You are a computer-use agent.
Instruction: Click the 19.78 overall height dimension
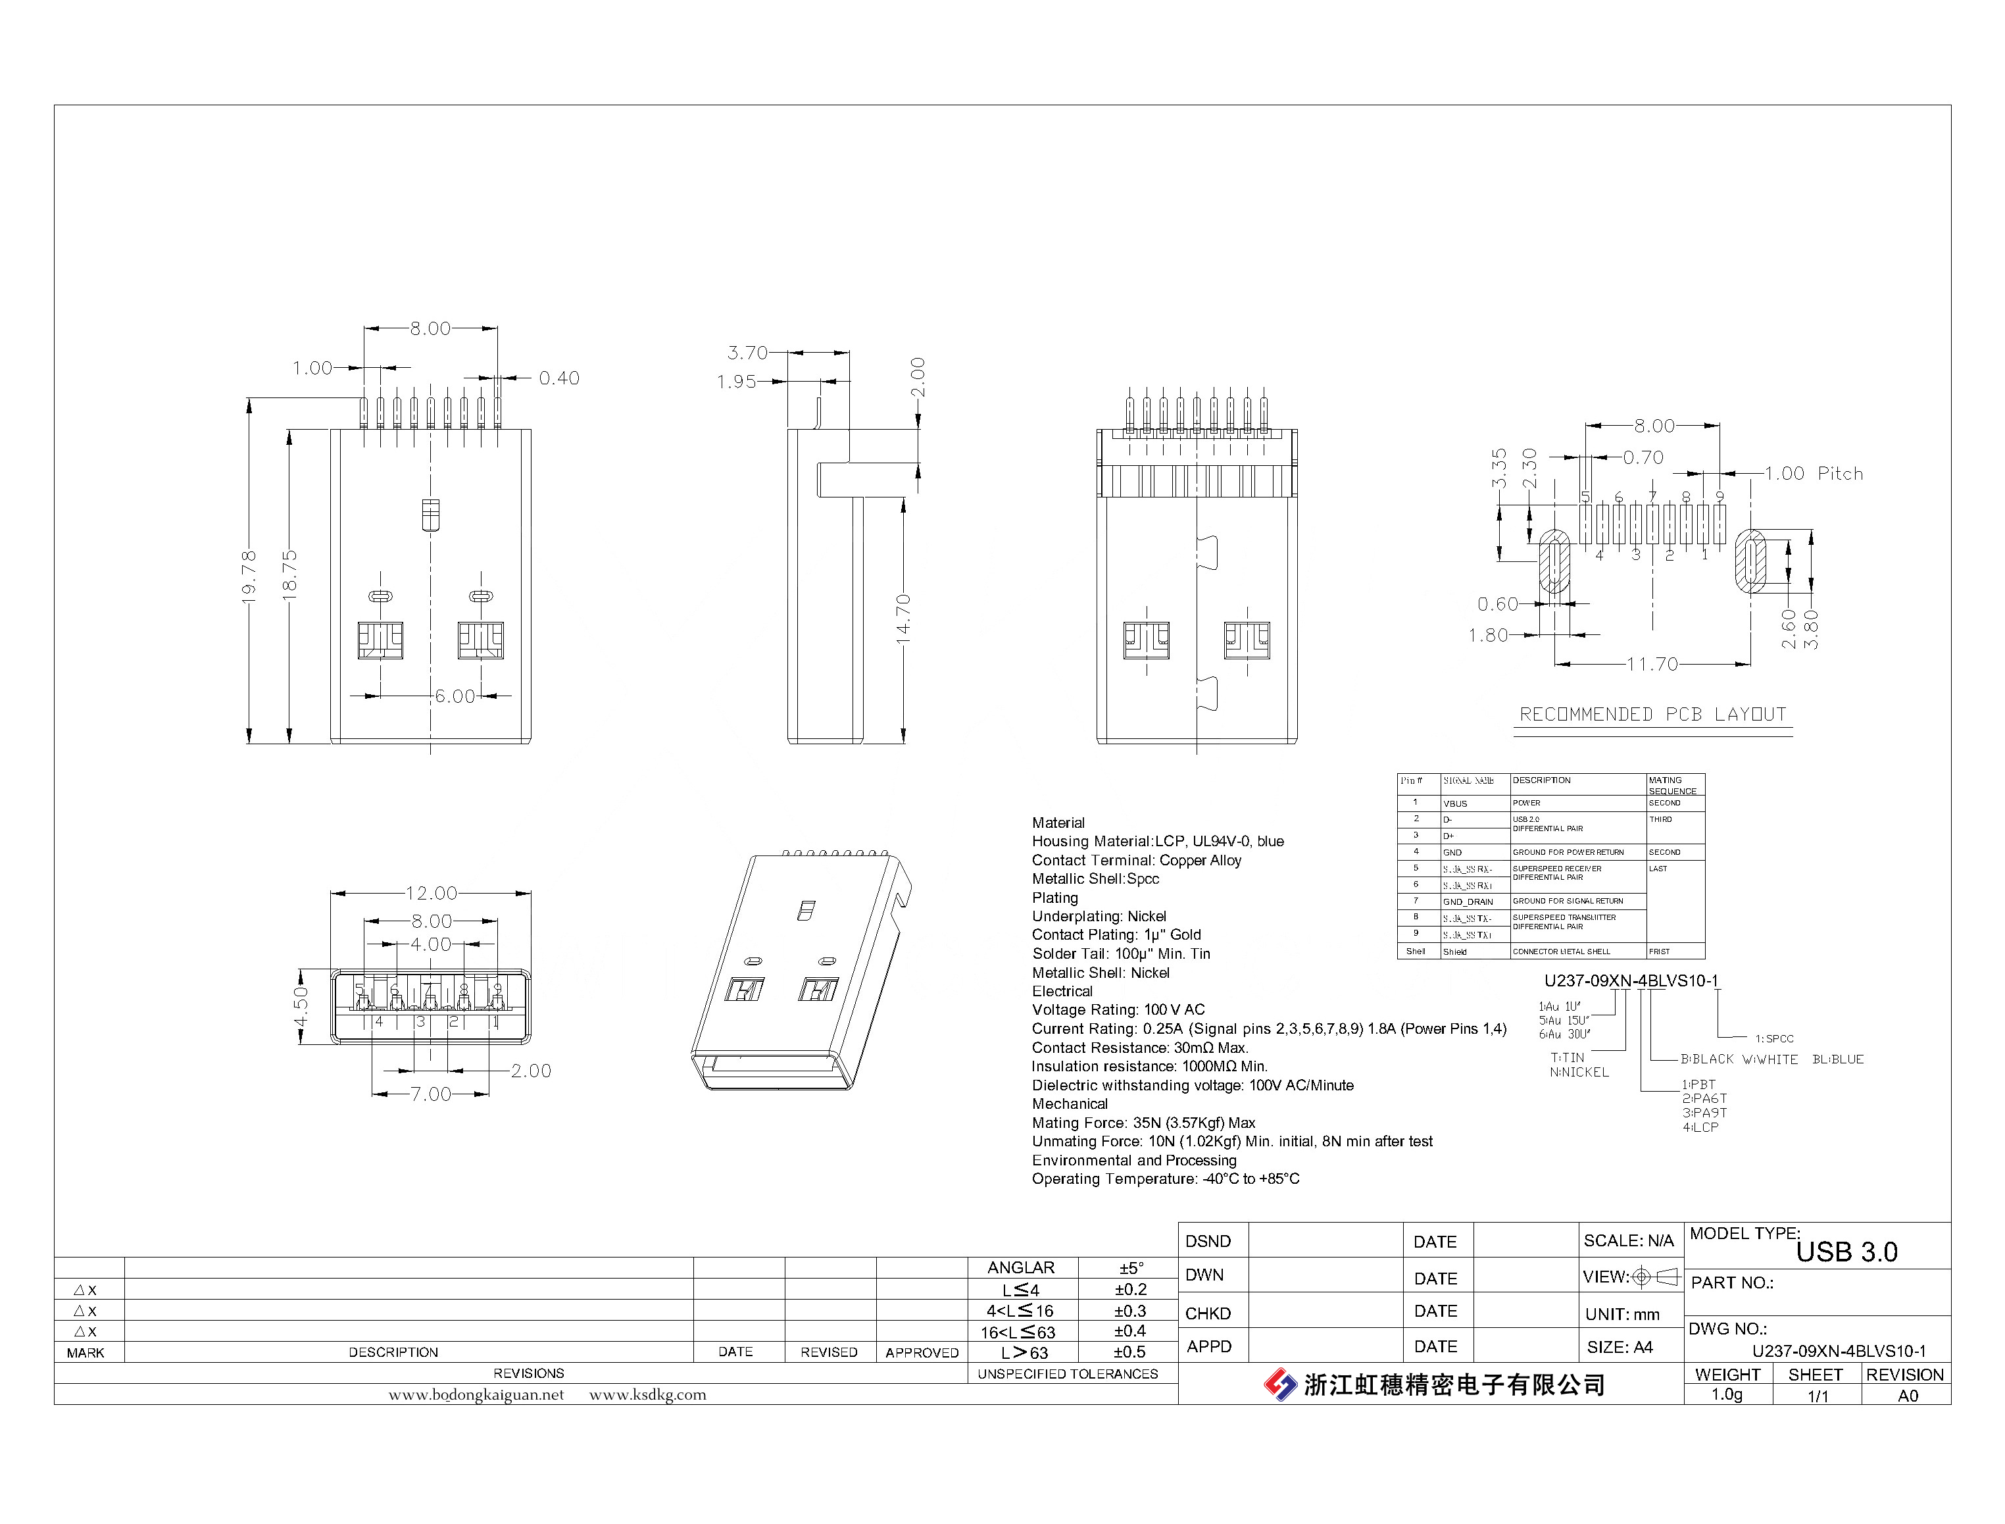pos(249,577)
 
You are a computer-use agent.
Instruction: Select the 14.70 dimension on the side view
pos(903,620)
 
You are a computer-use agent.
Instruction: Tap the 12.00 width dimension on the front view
pos(431,894)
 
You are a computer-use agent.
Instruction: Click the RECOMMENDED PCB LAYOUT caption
pos(1652,715)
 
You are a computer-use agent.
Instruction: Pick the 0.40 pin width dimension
pos(558,378)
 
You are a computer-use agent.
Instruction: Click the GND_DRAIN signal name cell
pos(1468,902)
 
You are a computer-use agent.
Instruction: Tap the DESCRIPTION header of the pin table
pos(1542,780)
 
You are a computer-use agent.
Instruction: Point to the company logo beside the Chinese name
pos(1281,1384)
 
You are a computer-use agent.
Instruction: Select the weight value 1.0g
pos(1727,1394)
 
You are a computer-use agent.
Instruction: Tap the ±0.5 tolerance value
pos(1130,1352)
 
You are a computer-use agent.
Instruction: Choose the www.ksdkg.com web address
pos(647,1394)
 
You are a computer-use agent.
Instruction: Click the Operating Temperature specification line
pos(1165,1179)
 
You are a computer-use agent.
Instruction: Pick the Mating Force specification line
pos(1143,1122)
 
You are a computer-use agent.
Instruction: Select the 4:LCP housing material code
pos(1700,1128)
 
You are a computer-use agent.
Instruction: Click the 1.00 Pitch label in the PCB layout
pos(1814,474)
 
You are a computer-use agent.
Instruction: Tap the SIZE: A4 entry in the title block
pos(1620,1347)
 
